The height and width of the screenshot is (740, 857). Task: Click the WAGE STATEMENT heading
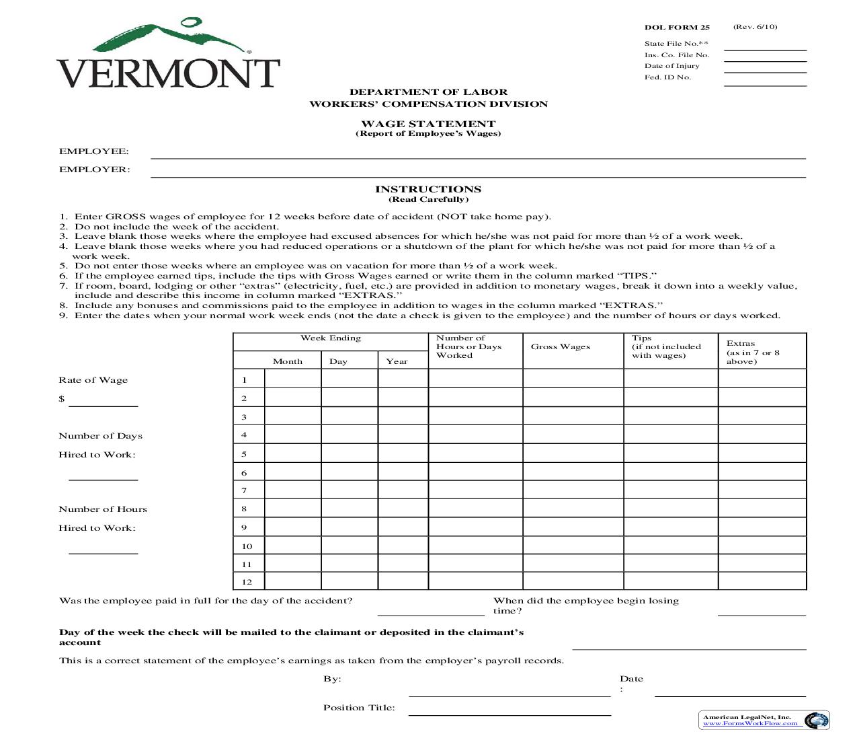point(428,124)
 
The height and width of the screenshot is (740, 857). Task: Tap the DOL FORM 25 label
point(676,28)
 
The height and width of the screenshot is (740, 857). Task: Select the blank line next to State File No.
point(765,47)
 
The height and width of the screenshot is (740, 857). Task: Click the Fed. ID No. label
point(667,77)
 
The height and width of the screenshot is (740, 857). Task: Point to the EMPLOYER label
point(95,170)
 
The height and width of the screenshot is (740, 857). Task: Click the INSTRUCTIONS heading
point(428,189)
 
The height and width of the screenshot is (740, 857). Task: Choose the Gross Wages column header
point(561,347)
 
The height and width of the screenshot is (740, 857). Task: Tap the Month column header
point(288,361)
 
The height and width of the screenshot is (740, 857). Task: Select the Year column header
point(397,361)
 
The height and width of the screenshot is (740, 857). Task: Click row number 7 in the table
point(244,490)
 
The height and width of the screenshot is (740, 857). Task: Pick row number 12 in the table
point(247,582)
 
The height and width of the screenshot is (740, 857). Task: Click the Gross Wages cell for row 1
point(573,379)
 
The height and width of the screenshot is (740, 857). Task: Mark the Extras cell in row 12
point(762,581)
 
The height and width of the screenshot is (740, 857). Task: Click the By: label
point(332,679)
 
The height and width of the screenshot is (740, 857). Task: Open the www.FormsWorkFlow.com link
point(750,724)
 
